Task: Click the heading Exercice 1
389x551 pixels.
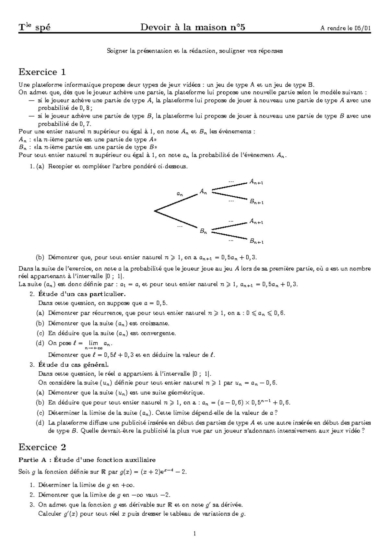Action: tap(42, 71)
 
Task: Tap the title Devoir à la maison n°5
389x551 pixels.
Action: tap(193, 28)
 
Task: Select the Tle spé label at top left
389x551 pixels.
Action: tap(34, 28)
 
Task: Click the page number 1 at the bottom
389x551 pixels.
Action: tap(194, 533)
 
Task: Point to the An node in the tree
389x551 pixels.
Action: tap(203, 192)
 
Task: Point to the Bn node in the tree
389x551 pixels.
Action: tap(203, 231)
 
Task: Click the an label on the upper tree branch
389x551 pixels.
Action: tap(179, 194)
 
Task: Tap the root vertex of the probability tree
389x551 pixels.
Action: tap(155, 211)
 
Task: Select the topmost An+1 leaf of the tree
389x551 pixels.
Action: tap(256, 182)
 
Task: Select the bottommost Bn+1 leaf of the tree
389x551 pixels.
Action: tap(256, 241)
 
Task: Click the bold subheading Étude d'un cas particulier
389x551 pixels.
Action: tap(81, 294)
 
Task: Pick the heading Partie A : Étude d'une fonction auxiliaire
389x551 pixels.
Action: tap(87, 460)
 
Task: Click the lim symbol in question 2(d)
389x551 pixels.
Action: tap(93, 343)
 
